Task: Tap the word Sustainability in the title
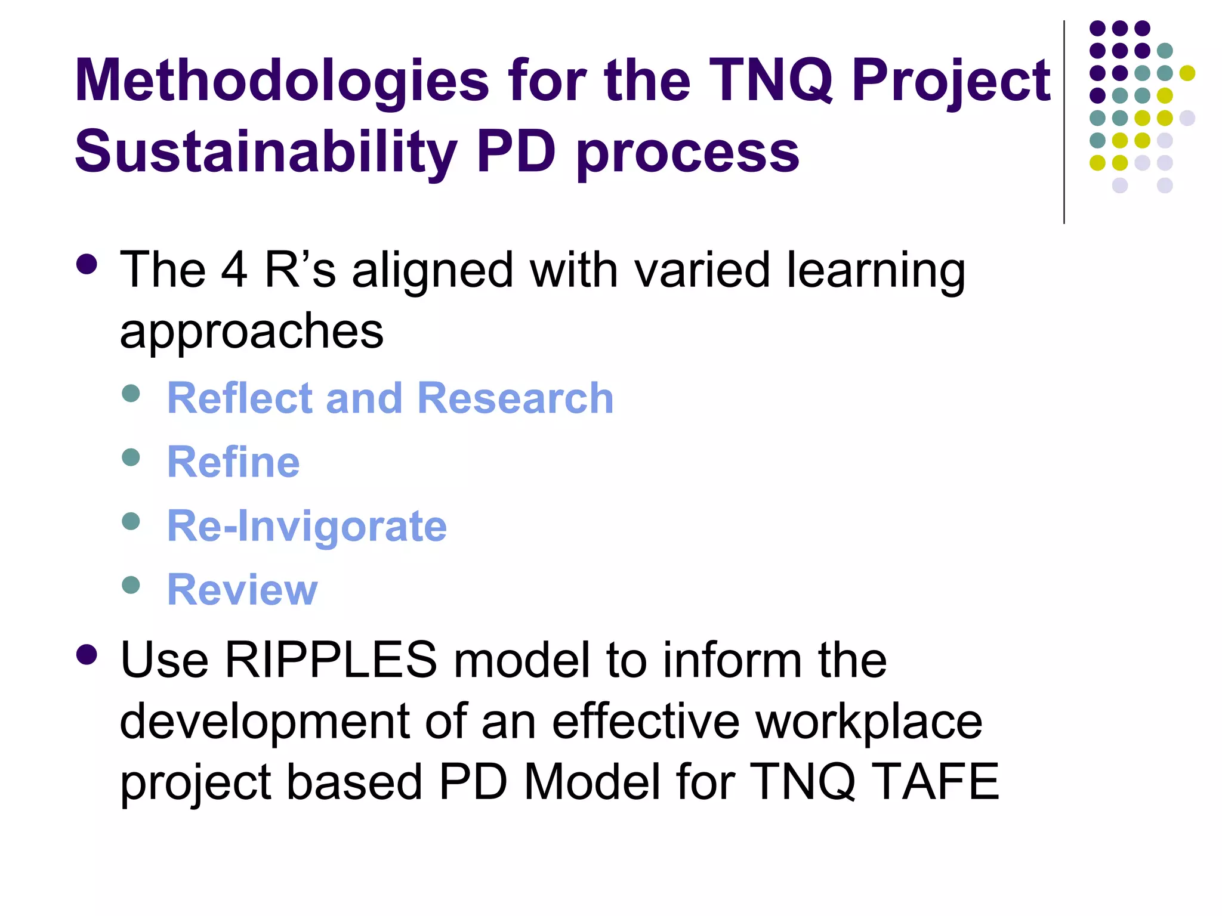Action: [x=266, y=152]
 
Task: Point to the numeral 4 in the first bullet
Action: [x=234, y=270]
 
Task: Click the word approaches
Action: [x=251, y=331]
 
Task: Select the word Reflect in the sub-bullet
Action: [x=239, y=398]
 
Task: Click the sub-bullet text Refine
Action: [x=233, y=462]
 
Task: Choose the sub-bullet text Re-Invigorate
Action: [x=307, y=526]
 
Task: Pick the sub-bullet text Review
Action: [x=242, y=590]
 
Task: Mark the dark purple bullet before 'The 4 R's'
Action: [x=87, y=264]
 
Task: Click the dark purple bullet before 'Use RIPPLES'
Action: [x=87, y=655]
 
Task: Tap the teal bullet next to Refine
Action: [x=131, y=457]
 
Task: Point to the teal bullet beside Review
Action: [x=131, y=585]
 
